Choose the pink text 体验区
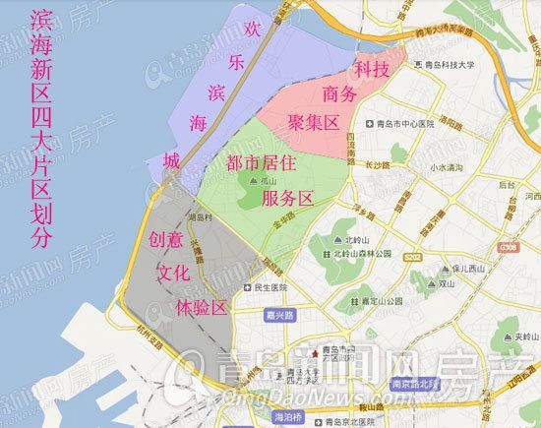point(201,306)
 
